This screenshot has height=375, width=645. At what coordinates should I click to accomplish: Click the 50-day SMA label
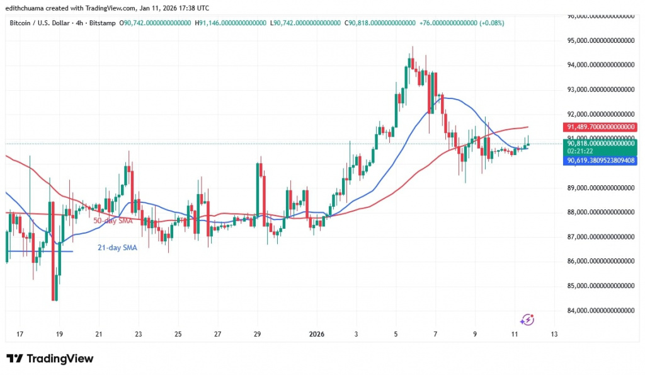[113, 221]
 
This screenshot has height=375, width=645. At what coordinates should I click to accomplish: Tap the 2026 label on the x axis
[317, 334]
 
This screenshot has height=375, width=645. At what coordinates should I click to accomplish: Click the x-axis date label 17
[20, 334]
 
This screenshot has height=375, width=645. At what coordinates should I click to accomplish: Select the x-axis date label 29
[257, 334]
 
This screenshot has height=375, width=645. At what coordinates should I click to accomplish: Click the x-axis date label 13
[554, 334]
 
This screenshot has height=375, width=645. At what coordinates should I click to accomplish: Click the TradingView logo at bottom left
[50, 359]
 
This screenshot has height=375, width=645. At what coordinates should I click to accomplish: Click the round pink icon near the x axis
[528, 320]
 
